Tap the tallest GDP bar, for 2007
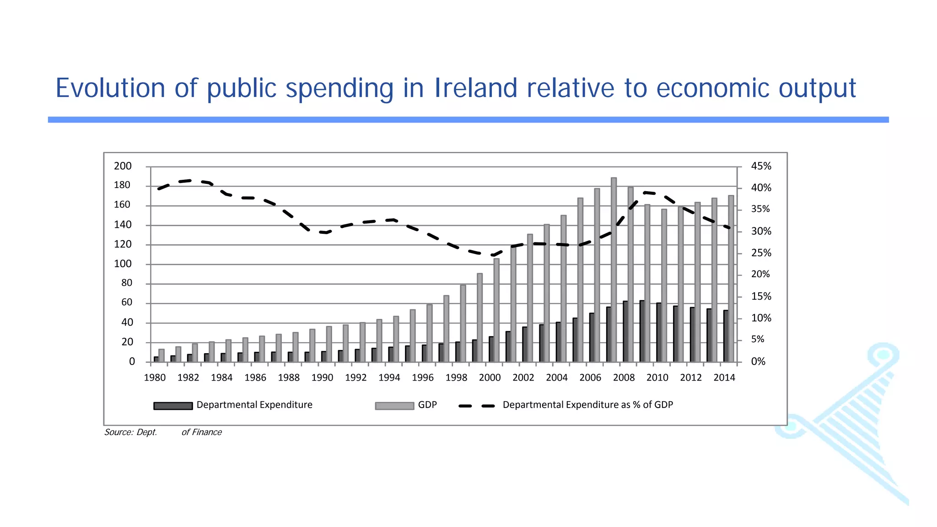click(614, 270)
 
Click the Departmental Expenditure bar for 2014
click(726, 336)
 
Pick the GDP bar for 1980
click(162, 355)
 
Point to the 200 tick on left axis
click(123, 166)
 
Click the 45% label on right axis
click(761, 166)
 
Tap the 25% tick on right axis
click(761, 253)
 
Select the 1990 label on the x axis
click(322, 378)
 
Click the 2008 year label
click(624, 378)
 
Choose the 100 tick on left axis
click(123, 264)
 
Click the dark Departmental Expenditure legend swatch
click(173, 406)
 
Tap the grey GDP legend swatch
click(394, 406)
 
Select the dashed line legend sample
click(476, 406)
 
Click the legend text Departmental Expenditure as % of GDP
click(587, 405)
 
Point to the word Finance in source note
click(207, 432)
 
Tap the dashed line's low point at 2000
click(493, 255)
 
